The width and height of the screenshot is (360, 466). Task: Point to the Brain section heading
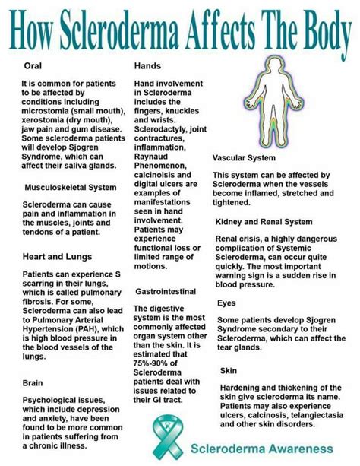click(x=34, y=384)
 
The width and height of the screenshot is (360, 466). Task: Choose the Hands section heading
click(x=149, y=66)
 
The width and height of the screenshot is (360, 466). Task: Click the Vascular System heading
click(x=245, y=157)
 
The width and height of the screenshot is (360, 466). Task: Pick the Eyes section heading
click(x=227, y=302)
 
